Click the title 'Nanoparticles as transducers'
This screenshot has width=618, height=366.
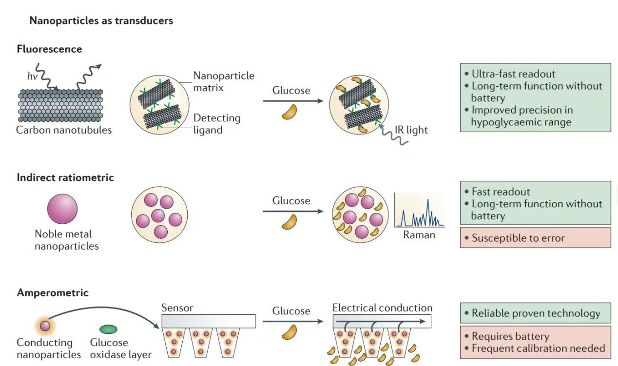(101, 20)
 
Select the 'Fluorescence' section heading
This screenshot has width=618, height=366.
(49, 49)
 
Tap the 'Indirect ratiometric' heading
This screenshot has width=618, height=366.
(65, 177)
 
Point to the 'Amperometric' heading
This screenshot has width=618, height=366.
(53, 293)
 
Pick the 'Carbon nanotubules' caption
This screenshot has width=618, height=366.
(64, 130)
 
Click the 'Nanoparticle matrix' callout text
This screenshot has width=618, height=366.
(223, 82)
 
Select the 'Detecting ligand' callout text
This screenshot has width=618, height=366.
(216, 124)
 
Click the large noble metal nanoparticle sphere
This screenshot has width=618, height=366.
(62, 209)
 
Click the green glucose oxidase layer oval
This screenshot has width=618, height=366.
(108, 329)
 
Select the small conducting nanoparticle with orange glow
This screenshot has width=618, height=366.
(45, 326)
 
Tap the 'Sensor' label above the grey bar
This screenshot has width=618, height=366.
(177, 308)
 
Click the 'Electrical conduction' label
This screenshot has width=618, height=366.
(382, 308)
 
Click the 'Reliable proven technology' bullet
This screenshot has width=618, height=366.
(536, 313)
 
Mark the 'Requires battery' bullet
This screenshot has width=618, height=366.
(510, 336)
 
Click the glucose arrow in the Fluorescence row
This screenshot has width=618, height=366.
(293, 101)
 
